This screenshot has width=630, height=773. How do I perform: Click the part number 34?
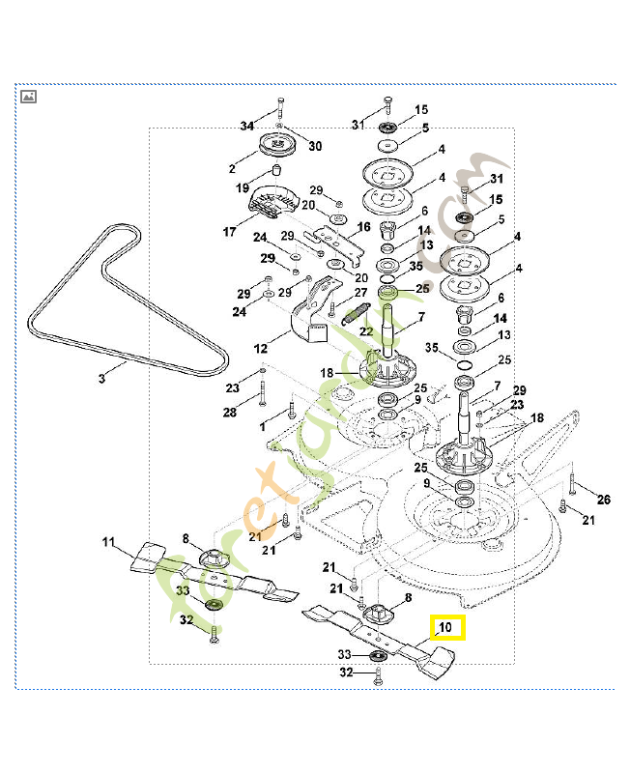pyautogui.click(x=246, y=127)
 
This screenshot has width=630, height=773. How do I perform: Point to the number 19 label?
pyautogui.click(x=242, y=187)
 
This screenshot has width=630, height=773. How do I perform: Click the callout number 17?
pyautogui.click(x=230, y=232)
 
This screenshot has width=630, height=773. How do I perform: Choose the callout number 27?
pyautogui.click(x=360, y=292)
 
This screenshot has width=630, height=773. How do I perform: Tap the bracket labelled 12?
pyautogui.click(x=313, y=319)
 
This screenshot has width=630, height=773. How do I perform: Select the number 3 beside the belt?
pyautogui.click(x=101, y=380)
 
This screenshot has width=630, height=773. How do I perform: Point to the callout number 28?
pyautogui.click(x=229, y=413)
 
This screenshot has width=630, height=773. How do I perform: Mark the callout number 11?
pyautogui.click(x=108, y=542)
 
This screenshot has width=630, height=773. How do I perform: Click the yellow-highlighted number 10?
pyautogui.click(x=446, y=628)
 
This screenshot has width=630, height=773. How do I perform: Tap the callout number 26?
pyautogui.click(x=604, y=500)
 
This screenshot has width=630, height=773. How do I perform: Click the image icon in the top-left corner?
pyautogui.click(x=29, y=97)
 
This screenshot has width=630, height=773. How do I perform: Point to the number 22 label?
pyautogui.click(x=366, y=331)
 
